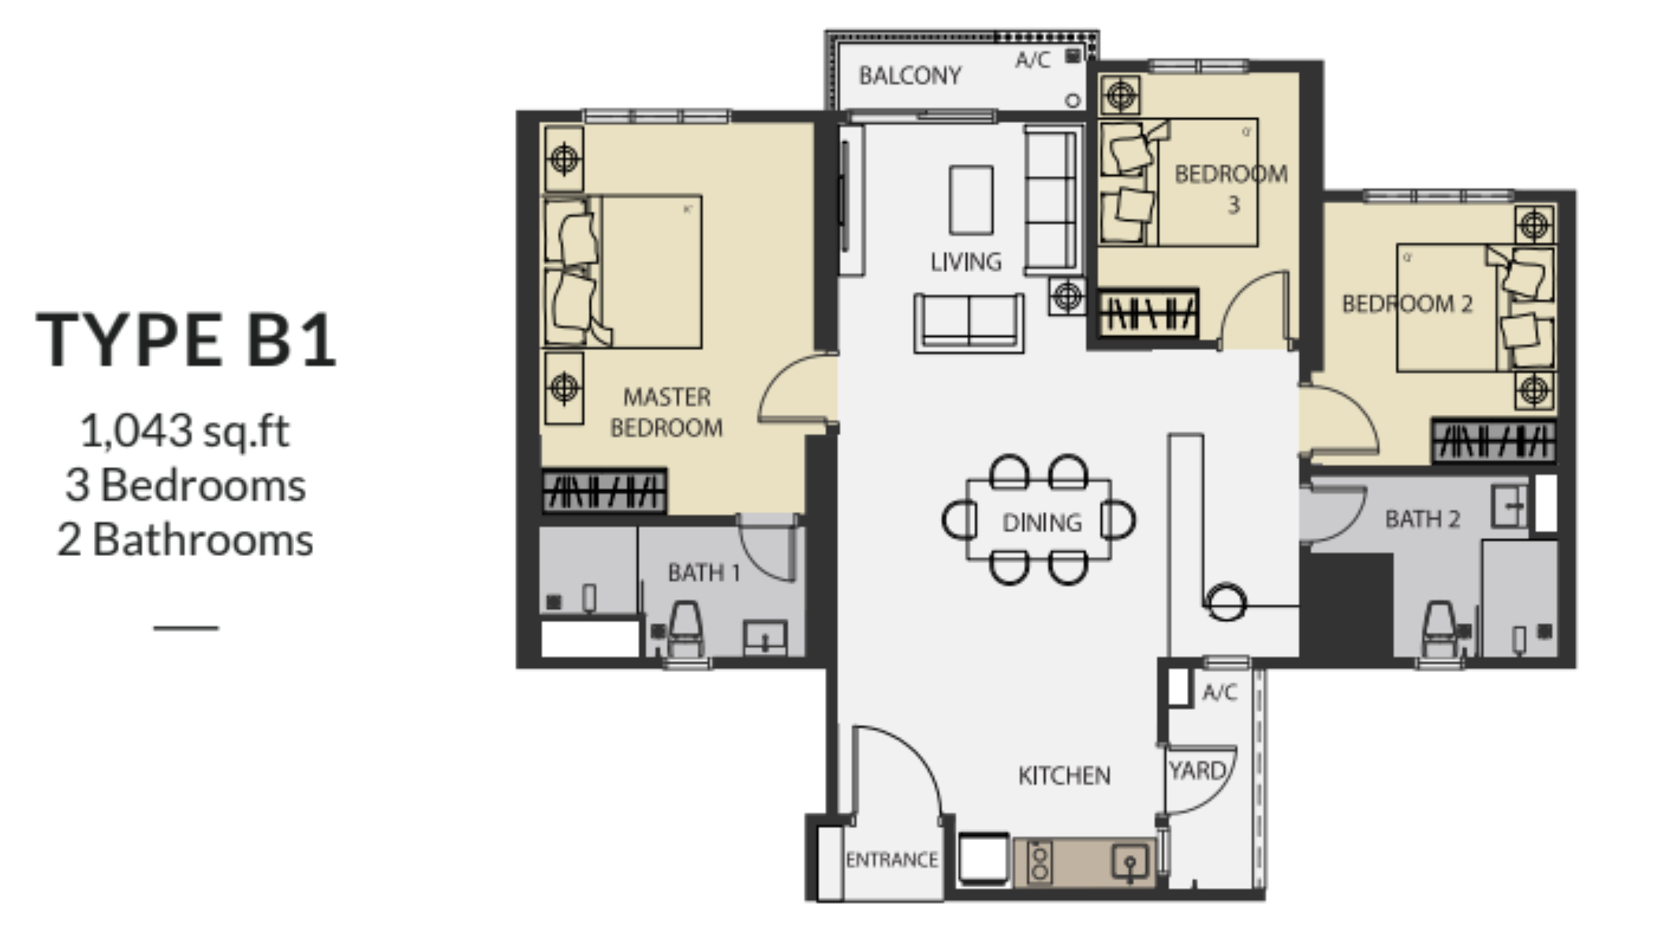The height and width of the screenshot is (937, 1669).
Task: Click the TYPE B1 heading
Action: tap(187, 340)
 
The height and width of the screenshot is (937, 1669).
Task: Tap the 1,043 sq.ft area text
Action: tap(185, 431)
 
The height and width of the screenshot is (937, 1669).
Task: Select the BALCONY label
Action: tap(909, 76)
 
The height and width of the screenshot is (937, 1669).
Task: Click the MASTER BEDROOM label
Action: tap(666, 412)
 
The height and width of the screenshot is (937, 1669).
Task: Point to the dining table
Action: tap(1039, 521)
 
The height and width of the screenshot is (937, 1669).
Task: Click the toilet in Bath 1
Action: tap(685, 629)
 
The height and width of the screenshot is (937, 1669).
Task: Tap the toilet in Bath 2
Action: tap(1440, 629)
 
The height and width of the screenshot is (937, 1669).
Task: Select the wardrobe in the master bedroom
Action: tap(604, 491)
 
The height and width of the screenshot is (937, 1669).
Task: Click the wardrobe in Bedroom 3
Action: tap(1148, 313)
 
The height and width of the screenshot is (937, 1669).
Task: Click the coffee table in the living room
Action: tap(971, 200)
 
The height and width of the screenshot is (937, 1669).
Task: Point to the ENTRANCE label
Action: tap(891, 860)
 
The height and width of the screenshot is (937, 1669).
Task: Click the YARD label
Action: tap(1197, 771)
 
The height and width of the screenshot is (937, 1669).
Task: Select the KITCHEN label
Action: tap(1064, 776)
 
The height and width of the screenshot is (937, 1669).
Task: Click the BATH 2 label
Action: tap(1422, 519)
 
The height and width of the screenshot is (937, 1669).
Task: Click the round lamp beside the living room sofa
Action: tap(1066, 297)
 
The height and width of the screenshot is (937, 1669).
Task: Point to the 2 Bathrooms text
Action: tap(185, 540)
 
